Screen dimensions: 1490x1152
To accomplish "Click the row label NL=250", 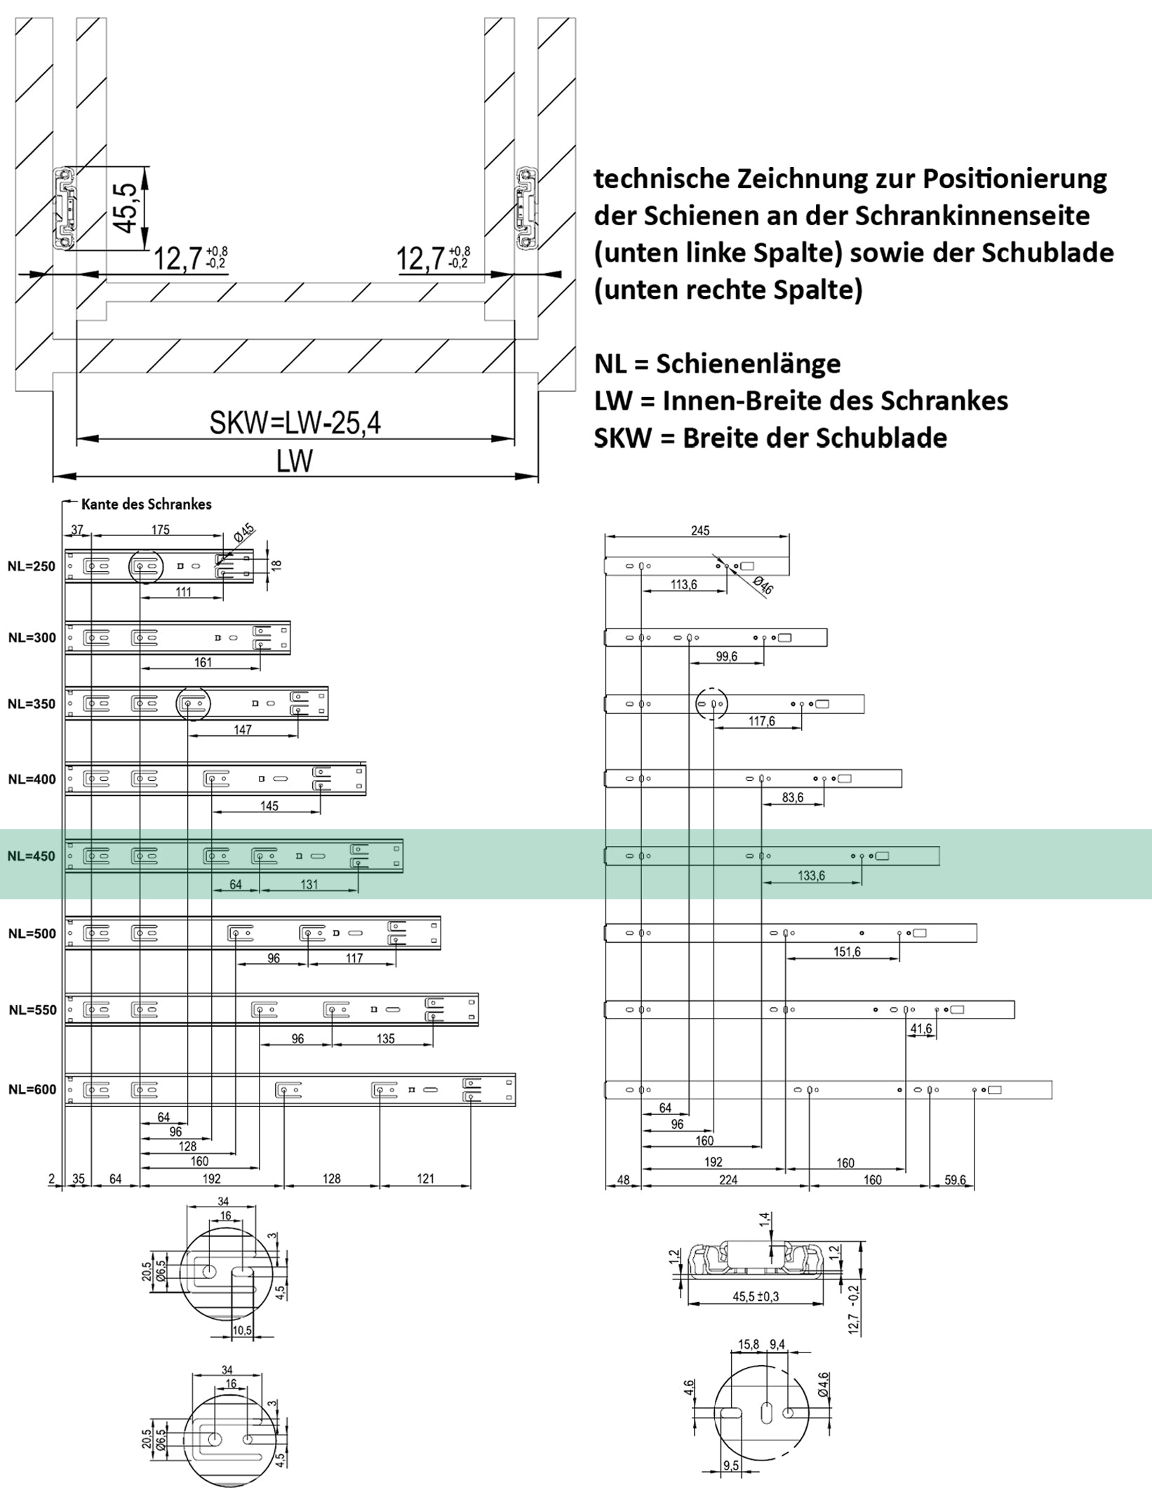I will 31,567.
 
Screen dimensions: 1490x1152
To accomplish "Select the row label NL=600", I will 32,1089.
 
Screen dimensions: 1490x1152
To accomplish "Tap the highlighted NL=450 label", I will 31,857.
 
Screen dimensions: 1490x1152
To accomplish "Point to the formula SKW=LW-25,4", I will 295,423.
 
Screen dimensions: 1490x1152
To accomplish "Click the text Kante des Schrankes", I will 146,504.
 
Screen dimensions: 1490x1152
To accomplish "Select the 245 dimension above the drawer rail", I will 699,530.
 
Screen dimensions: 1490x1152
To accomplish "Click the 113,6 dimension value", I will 683,584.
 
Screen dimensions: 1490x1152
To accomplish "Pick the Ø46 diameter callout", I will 763,585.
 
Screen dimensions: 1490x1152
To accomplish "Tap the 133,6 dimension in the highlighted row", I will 811,875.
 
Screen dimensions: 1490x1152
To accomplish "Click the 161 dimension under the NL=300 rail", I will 202,662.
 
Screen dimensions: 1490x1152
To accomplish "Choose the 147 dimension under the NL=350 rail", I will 242,730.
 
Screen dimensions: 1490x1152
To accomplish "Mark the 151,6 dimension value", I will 847,952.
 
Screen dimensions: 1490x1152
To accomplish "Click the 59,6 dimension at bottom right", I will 955,1180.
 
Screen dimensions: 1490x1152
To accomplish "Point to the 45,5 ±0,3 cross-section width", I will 756,1297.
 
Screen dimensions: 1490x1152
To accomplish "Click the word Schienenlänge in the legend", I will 748,363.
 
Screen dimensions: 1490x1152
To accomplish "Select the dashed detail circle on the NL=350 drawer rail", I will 711,703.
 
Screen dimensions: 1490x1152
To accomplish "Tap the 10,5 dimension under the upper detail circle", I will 242,1331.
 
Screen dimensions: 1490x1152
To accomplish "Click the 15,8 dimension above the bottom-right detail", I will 749,1345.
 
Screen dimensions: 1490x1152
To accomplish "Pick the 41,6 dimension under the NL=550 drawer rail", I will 920,1029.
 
